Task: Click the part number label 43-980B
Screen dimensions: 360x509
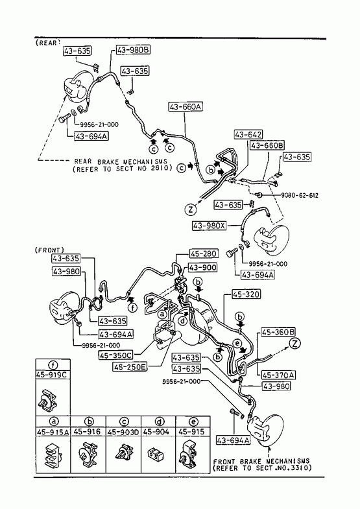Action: tap(133, 50)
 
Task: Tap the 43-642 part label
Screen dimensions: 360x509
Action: tap(248, 134)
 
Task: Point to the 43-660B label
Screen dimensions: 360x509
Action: tap(267, 145)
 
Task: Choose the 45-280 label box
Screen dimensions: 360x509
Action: tap(204, 253)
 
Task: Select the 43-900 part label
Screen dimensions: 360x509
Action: tap(203, 268)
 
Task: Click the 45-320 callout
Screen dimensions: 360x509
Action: tap(246, 294)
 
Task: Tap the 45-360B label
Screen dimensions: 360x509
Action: tap(278, 332)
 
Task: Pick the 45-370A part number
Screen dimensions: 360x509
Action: tap(278, 375)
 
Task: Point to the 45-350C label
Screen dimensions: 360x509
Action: tap(115, 355)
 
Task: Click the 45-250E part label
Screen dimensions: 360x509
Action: tap(130, 367)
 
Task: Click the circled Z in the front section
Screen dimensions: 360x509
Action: tap(294, 344)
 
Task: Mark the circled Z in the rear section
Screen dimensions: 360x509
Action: tap(191, 209)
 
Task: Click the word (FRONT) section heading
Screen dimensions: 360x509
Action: tap(49, 250)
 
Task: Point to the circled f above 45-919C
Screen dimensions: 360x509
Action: tap(53, 365)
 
